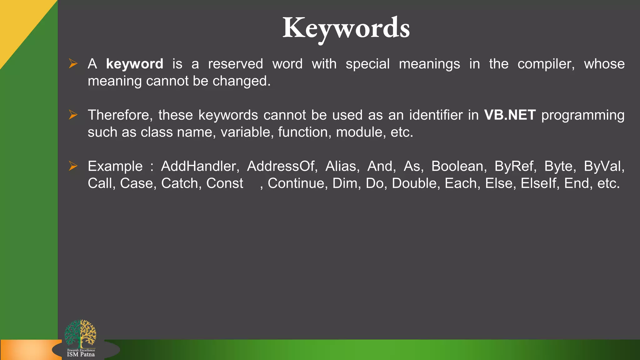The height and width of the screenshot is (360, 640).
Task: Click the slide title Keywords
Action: click(x=346, y=28)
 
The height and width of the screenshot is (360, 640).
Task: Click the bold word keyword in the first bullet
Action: click(x=134, y=64)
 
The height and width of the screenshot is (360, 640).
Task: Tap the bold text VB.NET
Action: click(x=510, y=115)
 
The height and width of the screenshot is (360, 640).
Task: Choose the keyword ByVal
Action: click(x=604, y=166)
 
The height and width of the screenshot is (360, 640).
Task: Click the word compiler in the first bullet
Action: click(x=546, y=64)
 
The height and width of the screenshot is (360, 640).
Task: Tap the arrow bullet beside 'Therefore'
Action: click(x=73, y=115)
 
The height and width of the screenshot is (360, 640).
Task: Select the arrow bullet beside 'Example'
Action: click(x=73, y=166)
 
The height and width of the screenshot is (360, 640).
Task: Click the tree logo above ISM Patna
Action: click(x=80, y=333)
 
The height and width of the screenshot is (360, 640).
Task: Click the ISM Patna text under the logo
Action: click(x=81, y=354)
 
